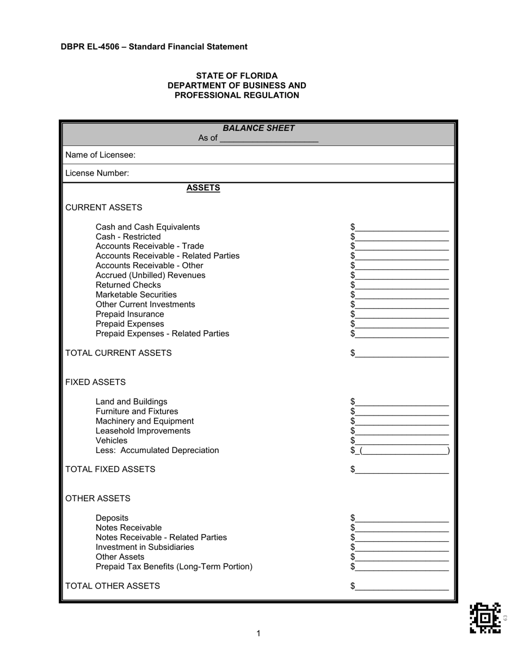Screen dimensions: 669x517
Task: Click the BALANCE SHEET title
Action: point(258,128)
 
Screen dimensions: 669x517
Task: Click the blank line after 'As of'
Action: point(269,139)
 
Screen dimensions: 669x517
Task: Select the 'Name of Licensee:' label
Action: point(100,155)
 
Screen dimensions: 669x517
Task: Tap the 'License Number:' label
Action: point(97,174)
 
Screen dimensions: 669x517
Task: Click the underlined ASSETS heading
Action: point(203,188)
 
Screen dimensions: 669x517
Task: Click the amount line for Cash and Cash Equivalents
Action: point(402,227)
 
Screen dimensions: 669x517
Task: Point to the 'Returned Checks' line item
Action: point(128,285)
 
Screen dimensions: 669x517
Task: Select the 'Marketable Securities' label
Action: point(136,295)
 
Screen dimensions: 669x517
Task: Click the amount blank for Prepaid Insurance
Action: point(402,315)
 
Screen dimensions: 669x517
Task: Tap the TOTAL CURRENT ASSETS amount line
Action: point(402,354)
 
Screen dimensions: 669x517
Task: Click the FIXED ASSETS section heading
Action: point(95,382)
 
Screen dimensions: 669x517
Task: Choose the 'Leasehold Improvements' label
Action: point(143,431)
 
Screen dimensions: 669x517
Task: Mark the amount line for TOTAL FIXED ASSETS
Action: point(402,470)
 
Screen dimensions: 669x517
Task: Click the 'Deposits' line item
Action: point(112,518)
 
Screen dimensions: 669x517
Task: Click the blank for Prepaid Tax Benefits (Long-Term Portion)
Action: point(402,567)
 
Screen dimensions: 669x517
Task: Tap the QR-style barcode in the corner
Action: point(485,618)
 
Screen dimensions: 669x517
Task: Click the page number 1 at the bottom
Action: point(258,633)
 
